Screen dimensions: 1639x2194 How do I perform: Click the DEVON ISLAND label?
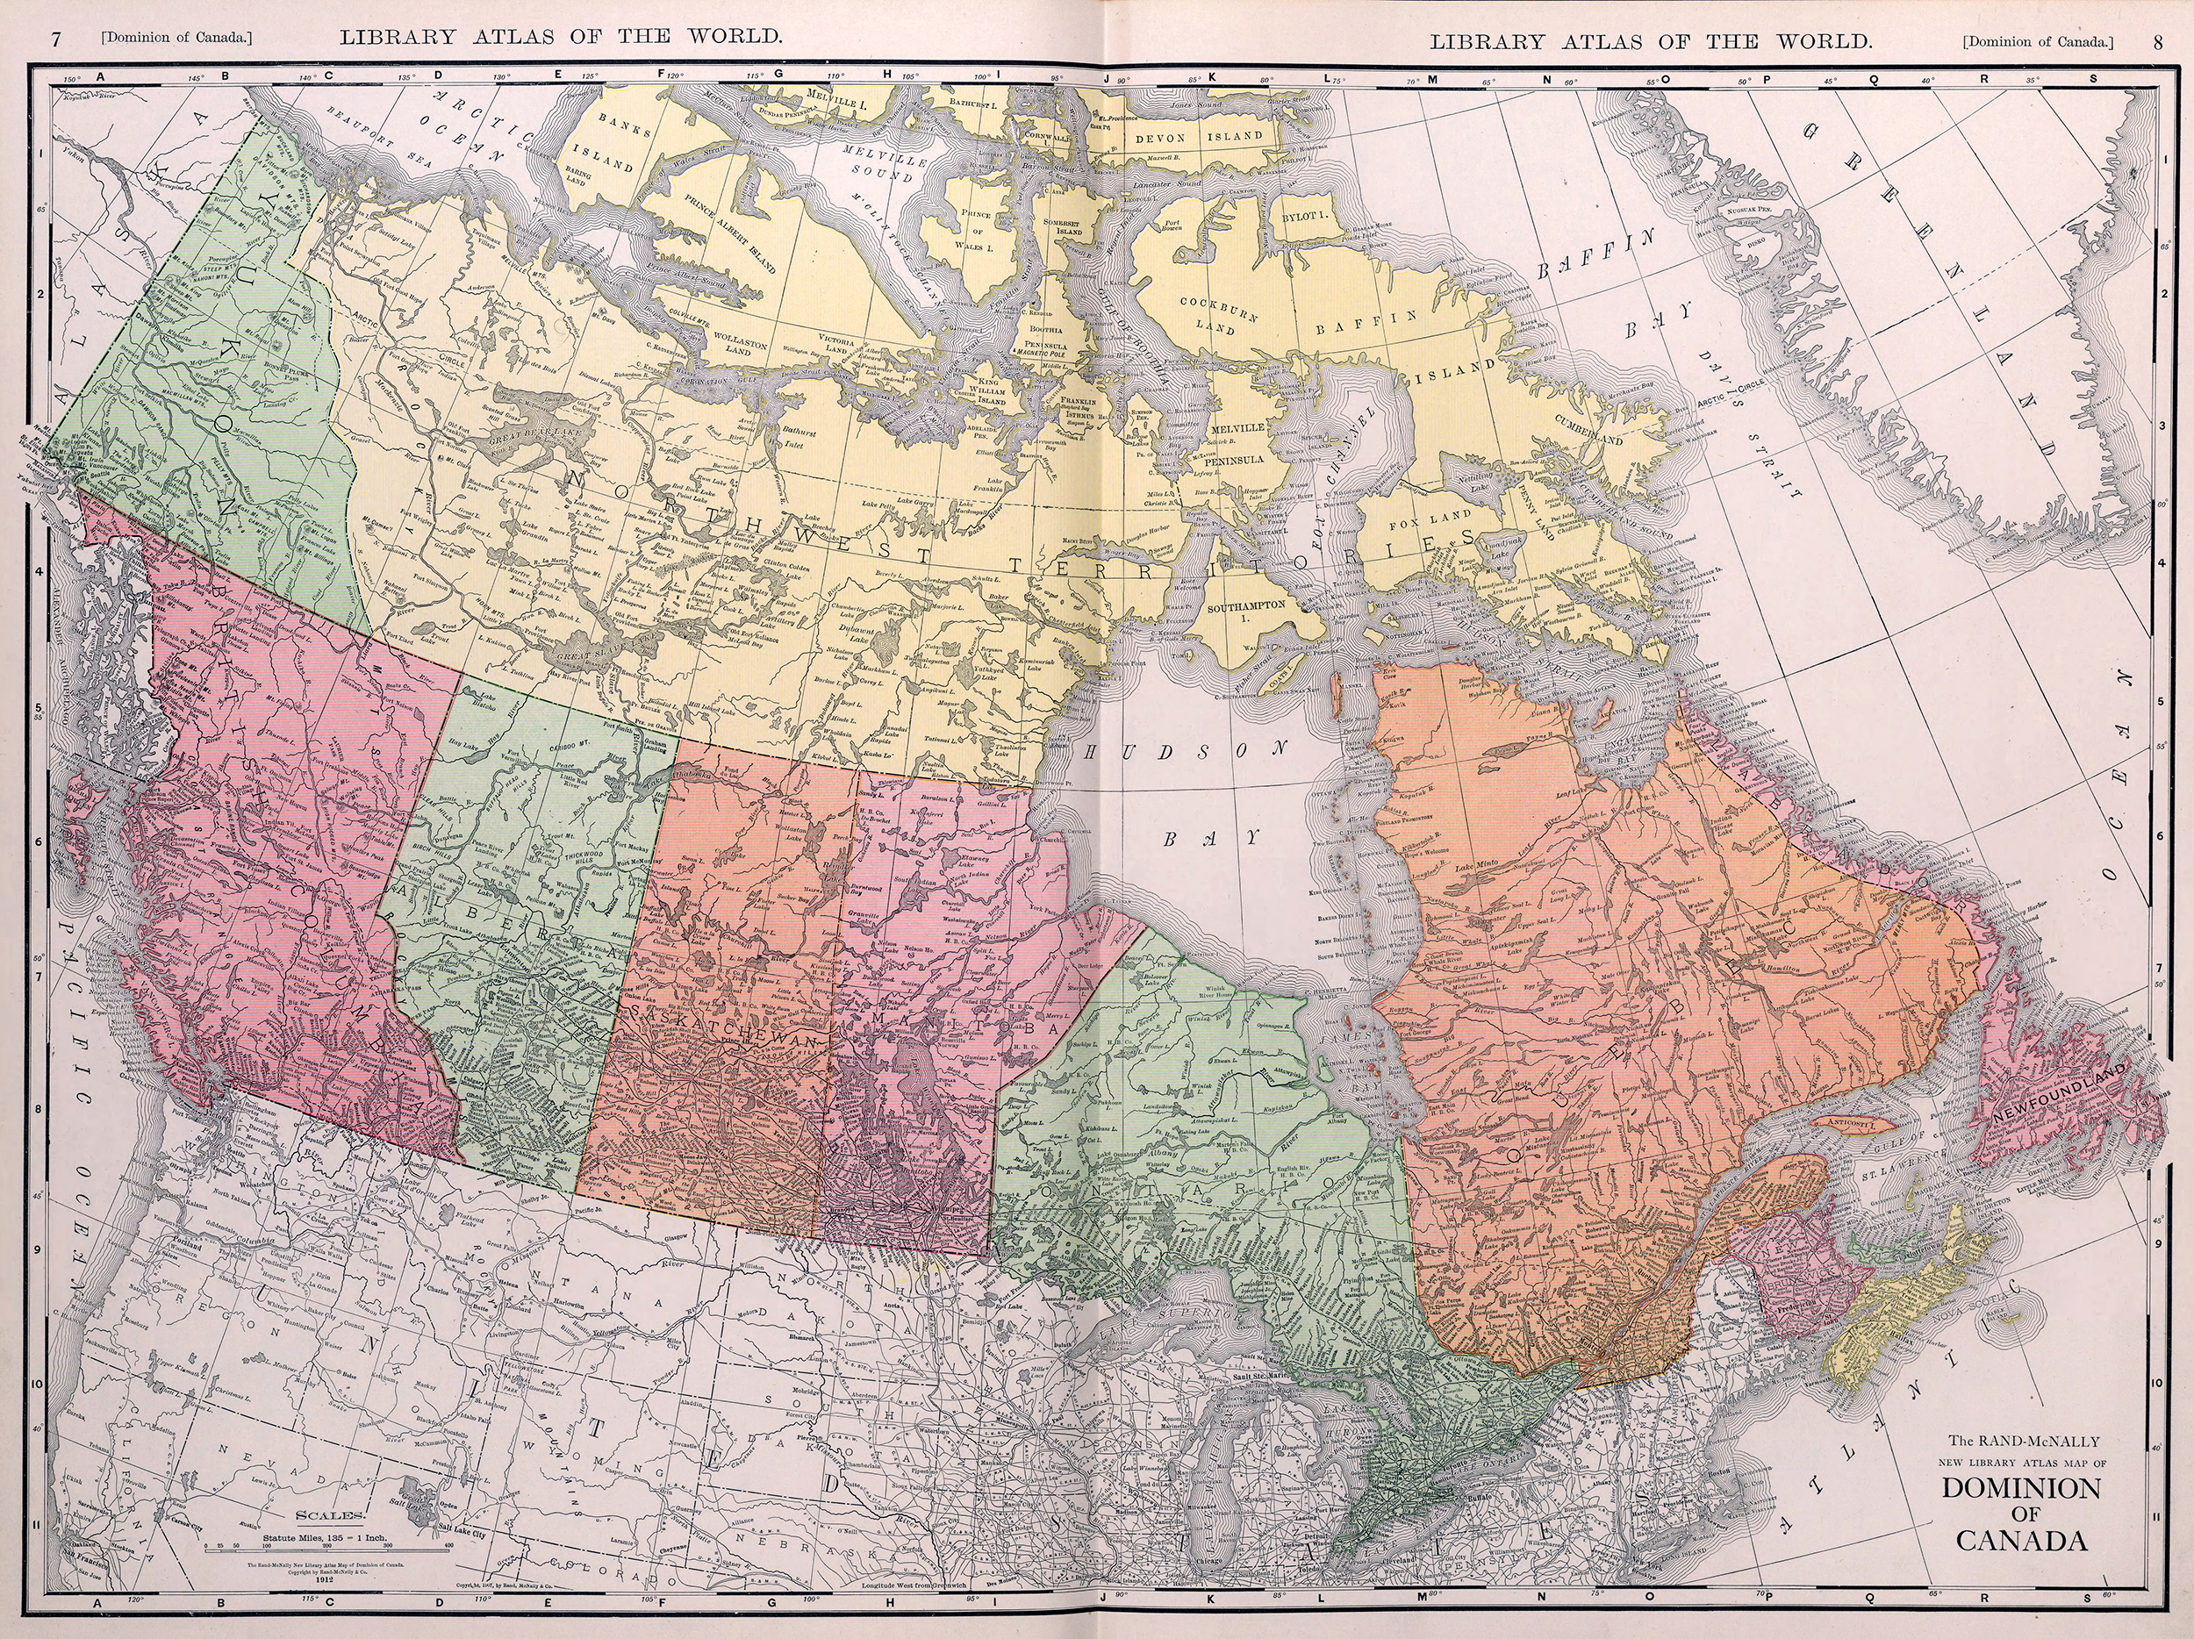(x=1198, y=137)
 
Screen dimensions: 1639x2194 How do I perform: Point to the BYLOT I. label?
(x=1304, y=215)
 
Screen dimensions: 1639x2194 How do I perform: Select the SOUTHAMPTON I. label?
(x=1247, y=612)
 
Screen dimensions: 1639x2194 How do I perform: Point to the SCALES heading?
(x=331, y=1515)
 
